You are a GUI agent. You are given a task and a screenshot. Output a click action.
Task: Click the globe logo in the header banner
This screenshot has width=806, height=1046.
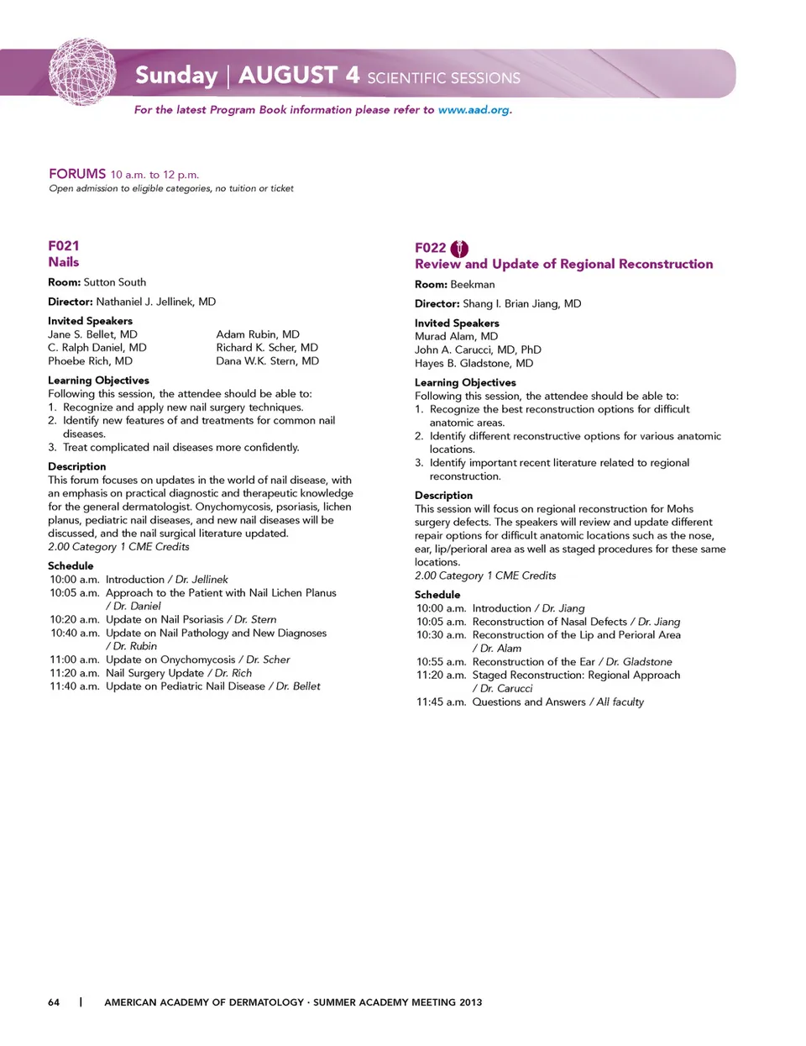tap(82, 71)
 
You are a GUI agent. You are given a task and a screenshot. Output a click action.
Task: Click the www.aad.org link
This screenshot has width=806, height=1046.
tap(474, 110)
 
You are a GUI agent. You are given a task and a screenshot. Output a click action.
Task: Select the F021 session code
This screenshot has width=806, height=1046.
tap(64, 246)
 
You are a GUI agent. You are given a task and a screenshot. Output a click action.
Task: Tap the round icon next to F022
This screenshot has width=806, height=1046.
tap(459, 249)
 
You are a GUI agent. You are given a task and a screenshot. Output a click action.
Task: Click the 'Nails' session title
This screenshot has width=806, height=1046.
tap(64, 262)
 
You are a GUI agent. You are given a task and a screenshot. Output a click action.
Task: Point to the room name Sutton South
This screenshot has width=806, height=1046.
tap(114, 282)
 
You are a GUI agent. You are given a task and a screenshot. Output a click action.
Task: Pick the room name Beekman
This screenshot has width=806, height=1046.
tap(473, 285)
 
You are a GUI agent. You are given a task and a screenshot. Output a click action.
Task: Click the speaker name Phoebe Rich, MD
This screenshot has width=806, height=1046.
tap(90, 361)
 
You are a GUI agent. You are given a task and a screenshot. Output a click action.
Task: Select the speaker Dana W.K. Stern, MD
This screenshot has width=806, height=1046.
tap(267, 361)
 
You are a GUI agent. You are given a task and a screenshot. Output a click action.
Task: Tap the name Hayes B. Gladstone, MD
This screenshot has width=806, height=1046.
tap(474, 364)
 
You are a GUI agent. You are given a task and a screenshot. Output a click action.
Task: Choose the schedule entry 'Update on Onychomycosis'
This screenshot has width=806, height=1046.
tap(170, 660)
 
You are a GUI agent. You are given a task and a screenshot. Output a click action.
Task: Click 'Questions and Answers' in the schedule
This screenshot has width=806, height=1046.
tap(529, 702)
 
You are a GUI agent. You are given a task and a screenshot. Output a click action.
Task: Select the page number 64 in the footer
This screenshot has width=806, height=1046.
tap(54, 1002)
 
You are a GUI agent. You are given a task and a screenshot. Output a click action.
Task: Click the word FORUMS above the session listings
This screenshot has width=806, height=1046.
tap(77, 174)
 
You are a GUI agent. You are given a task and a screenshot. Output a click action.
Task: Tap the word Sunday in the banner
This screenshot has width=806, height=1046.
tap(176, 76)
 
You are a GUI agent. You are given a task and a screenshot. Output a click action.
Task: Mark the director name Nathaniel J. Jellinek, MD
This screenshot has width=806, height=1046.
tap(155, 302)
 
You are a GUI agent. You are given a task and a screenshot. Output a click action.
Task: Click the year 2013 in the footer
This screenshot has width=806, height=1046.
tap(470, 1002)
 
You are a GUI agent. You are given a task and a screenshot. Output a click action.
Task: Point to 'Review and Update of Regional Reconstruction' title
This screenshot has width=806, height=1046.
tap(563, 264)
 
